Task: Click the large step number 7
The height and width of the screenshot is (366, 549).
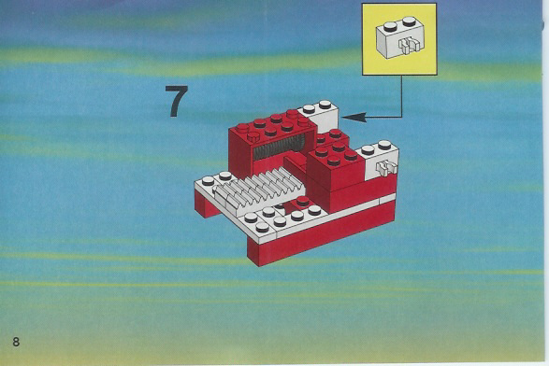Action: pos(177,101)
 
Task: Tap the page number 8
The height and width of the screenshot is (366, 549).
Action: pos(16,342)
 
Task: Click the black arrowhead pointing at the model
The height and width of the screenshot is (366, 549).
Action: pos(354,117)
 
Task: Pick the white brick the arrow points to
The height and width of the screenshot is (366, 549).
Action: pos(321,117)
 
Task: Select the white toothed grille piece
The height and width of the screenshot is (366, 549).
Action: pos(259,190)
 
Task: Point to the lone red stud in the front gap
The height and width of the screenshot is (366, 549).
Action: pos(302,202)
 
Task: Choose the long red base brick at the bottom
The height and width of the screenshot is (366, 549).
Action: pos(322,233)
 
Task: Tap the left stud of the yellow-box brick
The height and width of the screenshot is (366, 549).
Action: pos(390,26)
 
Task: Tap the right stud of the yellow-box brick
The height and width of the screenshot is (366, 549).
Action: pos(409,21)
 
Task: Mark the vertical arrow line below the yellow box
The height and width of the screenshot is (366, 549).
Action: pos(402,96)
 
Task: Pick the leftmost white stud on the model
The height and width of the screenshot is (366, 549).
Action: pos(208,181)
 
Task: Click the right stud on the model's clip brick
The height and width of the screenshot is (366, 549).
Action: pos(384,145)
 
